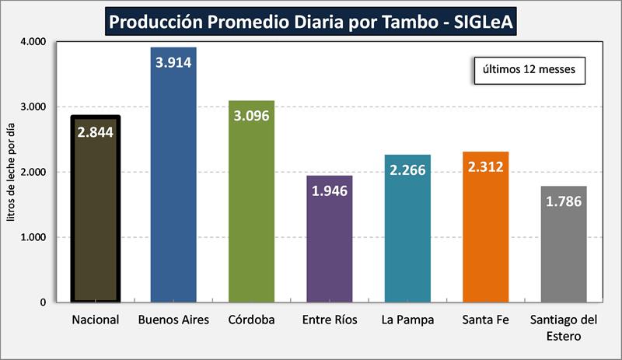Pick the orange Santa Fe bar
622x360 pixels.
485,233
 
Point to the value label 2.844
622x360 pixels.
96,132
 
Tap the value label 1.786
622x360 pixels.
564,201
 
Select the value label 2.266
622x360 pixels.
407,170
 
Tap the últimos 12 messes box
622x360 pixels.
529,69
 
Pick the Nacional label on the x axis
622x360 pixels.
96,320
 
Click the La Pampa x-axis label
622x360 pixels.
407,320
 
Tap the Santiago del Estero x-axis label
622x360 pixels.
564,327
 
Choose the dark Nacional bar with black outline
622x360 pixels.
96,225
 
